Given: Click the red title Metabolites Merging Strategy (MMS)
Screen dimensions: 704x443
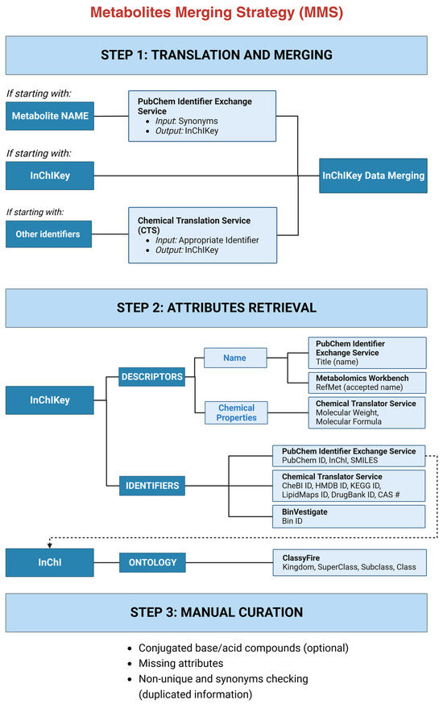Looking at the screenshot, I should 216,13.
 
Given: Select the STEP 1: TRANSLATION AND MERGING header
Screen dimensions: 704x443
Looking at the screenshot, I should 216,56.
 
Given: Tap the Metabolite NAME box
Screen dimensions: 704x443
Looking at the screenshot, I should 50,116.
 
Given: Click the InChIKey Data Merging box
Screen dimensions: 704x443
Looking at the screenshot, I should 373,175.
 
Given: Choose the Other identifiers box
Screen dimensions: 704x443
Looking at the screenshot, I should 50,234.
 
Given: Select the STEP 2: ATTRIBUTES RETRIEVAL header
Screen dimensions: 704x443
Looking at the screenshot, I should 216,308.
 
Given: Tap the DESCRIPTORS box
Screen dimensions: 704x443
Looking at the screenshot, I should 151,375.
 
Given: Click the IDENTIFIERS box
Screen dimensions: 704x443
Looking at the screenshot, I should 151,486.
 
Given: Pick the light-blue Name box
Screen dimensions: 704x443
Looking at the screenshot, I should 234,357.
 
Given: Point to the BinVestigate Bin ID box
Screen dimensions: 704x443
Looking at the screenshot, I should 349,516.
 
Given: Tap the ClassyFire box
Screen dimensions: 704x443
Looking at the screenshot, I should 349,561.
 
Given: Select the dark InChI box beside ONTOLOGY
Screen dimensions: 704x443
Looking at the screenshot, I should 50,561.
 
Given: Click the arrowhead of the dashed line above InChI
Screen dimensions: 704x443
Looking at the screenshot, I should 50,545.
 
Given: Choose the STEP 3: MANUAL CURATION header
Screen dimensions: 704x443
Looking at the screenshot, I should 216,613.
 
